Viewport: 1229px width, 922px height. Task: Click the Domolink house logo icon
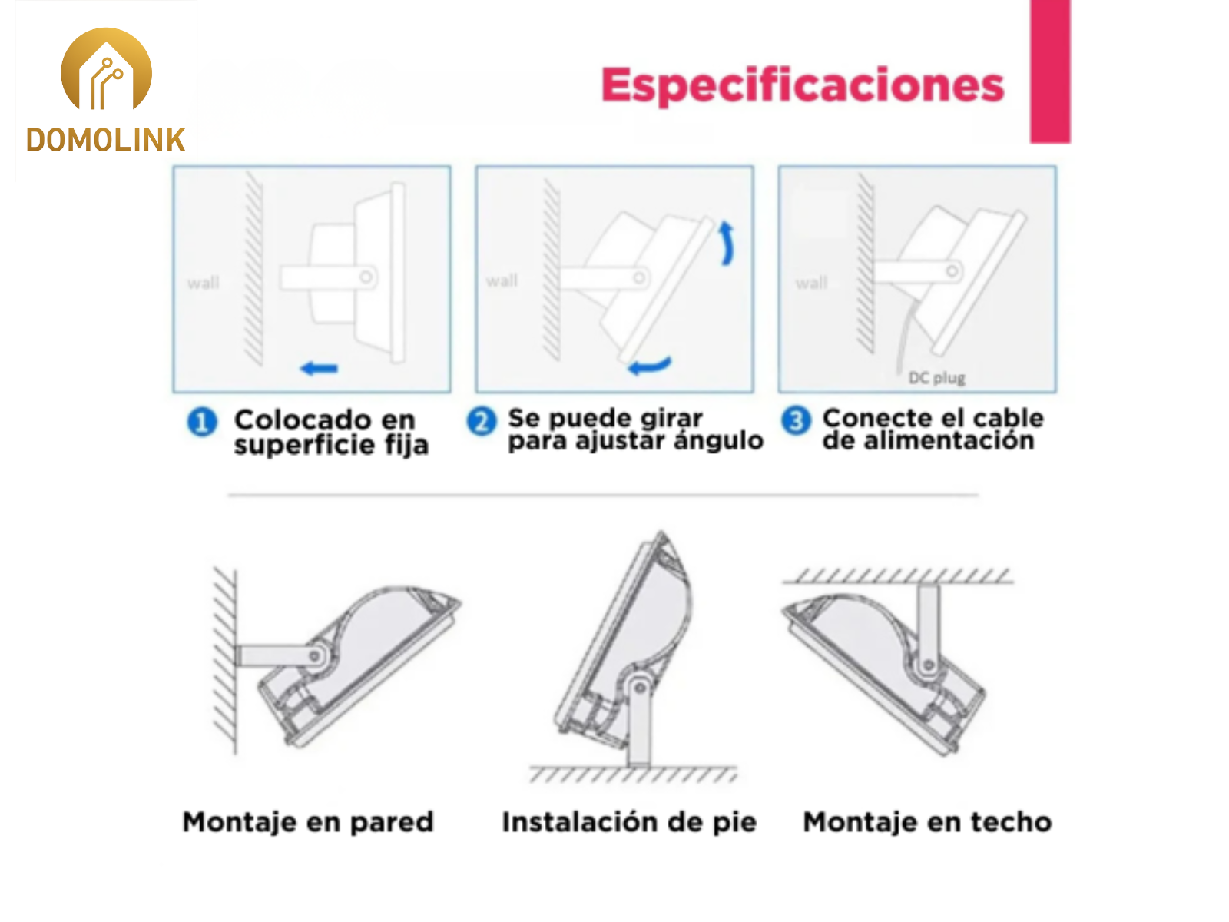106,69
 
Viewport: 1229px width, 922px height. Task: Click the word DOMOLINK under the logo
106,140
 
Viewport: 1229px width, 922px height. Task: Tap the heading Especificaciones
803,85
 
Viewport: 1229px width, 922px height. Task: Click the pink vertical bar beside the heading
1050,71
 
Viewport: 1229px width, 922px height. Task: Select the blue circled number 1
201,422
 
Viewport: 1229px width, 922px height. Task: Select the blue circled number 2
482,421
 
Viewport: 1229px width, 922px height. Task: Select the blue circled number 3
796,420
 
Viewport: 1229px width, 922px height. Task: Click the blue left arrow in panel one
319,368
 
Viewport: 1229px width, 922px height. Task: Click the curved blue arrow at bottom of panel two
650,366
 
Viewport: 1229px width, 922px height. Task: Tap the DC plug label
936,378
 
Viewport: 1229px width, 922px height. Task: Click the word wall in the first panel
204,283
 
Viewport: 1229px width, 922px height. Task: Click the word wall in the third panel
811,283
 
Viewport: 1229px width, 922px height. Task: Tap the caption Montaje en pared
308,822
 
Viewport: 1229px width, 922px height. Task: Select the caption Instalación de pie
629,822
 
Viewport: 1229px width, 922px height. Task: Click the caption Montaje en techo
927,822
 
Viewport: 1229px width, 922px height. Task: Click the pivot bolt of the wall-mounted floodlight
316,655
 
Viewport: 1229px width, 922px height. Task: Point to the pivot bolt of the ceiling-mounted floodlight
929,665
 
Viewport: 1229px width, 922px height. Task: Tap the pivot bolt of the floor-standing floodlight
639,688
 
